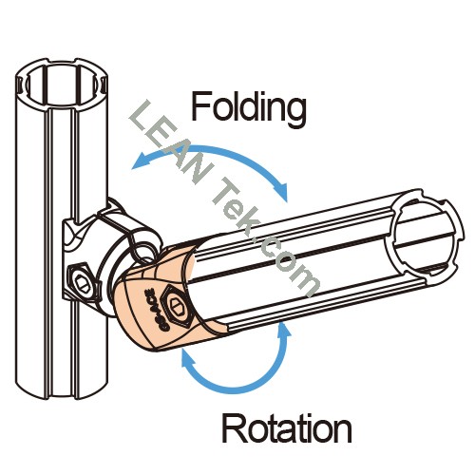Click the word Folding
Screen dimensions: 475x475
pyautogui.click(x=249, y=109)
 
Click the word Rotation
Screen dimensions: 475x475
pyautogui.click(x=287, y=428)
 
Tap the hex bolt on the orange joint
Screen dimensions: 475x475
pyautogui.click(x=176, y=303)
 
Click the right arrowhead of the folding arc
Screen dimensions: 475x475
pyautogui.click(x=281, y=192)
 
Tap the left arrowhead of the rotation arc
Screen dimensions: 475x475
pyautogui.click(x=189, y=358)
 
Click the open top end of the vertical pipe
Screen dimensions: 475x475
pyautogui.click(x=62, y=85)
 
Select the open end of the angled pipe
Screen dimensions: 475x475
pyautogui.click(x=425, y=234)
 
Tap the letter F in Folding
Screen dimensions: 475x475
pyautogui.click(x=201, y=106)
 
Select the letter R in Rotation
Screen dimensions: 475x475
pyautogui.click(x=234, y=428)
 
